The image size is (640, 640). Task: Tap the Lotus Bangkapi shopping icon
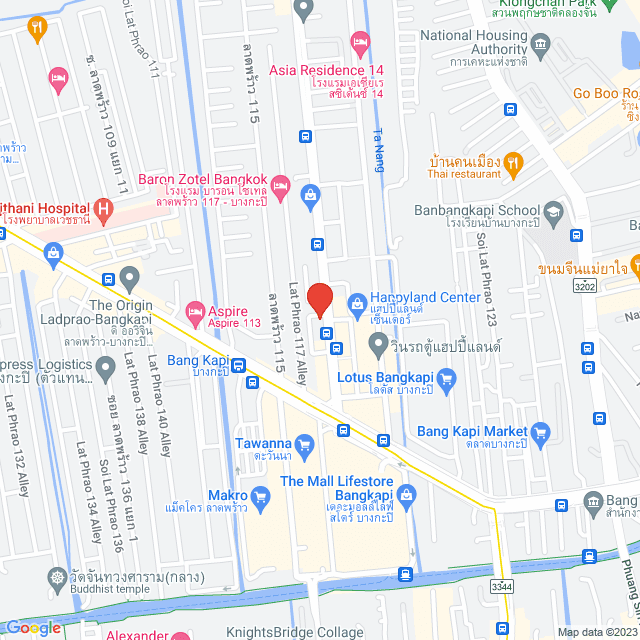[x=446, y=379]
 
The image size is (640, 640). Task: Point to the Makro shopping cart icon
[x=260, y=495]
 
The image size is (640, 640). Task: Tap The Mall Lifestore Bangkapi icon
[x=406, y=494]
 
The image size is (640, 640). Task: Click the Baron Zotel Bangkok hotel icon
[x=282, y=185]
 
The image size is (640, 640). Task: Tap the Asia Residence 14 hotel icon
[x=360, y=40]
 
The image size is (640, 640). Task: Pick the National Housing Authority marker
[x=541, y=43]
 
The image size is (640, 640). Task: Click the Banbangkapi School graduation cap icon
[x=553, y=212]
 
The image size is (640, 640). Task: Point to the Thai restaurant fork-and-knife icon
[x=513, y=161]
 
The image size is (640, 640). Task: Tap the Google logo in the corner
[x=34, y=627]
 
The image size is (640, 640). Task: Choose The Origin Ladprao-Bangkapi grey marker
[x=129, y=277]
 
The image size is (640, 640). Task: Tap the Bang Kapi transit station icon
[x=238, y=365]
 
